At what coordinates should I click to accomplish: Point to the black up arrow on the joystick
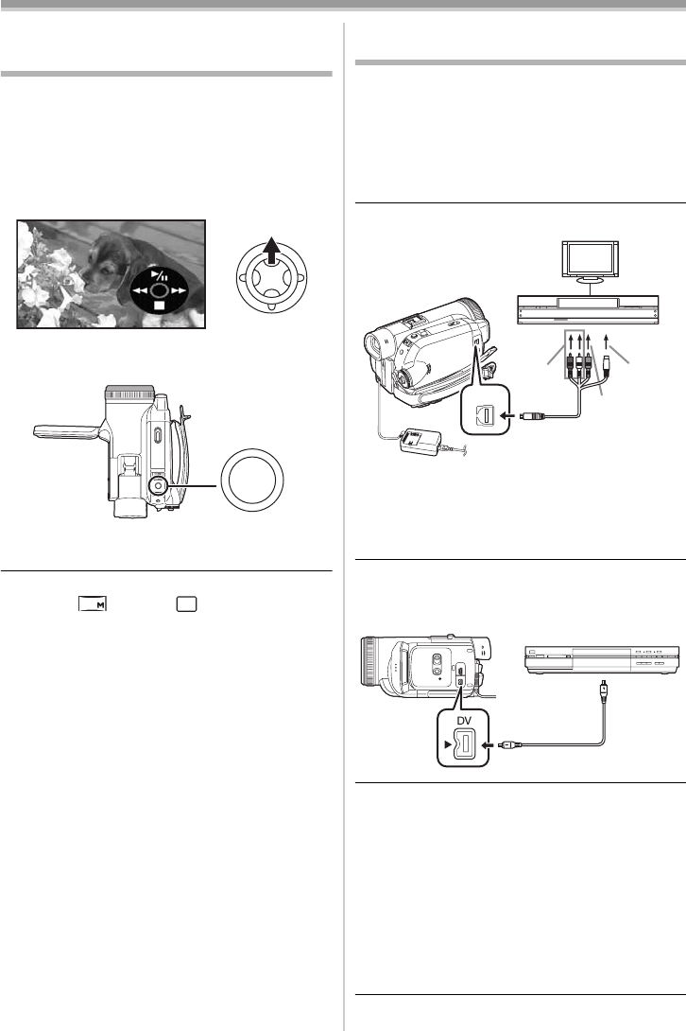pyautogui.click(x=274, y=254)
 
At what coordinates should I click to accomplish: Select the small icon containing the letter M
pyautogui.click(x=92, y=604)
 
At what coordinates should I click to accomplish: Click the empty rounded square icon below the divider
pyautogui.click(x=186, y=604)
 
